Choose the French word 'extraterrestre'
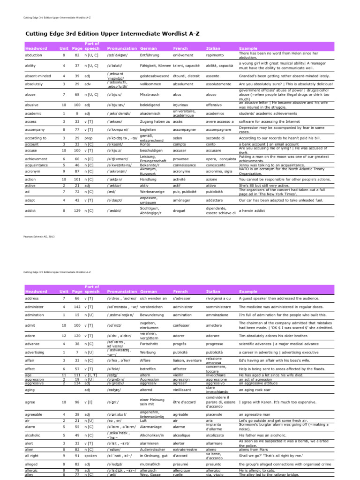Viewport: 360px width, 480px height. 185,449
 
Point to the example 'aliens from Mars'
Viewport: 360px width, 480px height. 254,449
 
